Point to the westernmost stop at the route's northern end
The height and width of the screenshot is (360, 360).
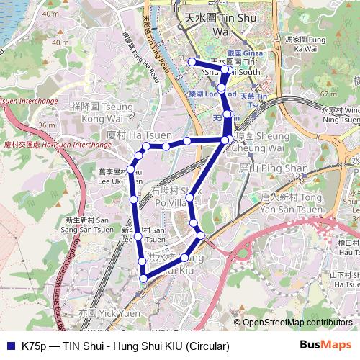pos(192,63)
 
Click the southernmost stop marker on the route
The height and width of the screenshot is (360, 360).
pos(143,278)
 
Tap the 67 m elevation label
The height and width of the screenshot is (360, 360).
pos(328,94)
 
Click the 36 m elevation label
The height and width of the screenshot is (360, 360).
pos(48,125)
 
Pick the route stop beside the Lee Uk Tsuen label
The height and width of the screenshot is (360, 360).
pos(131,171)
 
